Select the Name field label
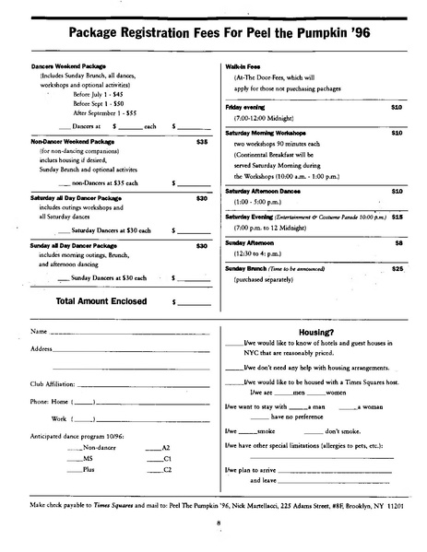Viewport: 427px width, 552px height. click(39, 330)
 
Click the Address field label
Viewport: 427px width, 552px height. click(42, 349)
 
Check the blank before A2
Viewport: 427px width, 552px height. click(153, 446)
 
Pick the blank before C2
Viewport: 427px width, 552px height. click(153, 470)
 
